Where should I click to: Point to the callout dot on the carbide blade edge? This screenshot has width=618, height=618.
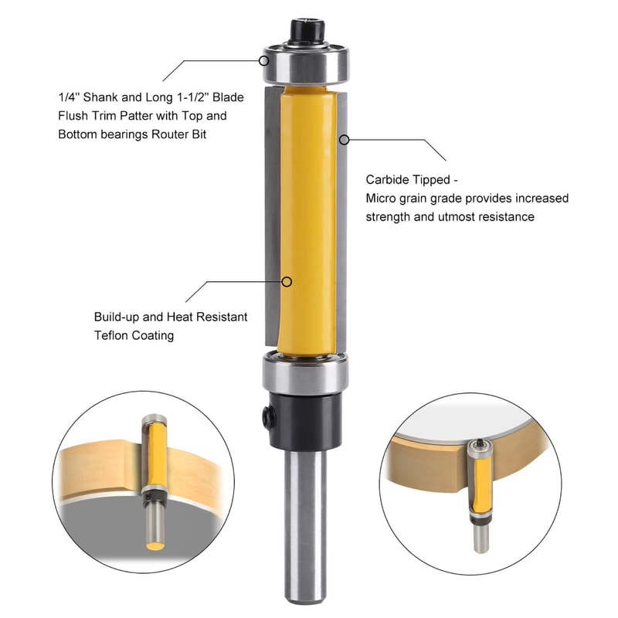click(x=345, y=140)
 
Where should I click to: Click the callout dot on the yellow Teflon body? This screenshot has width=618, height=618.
click(x=287, y=281)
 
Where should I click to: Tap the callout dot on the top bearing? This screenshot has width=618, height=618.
click(x=263, y=58)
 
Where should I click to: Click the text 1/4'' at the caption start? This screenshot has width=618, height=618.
click(x=69, y=98)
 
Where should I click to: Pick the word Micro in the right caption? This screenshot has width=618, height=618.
click(x=382, y=199)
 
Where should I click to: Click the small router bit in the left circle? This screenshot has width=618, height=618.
click(x=154, y=474)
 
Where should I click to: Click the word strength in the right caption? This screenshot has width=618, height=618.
click(x=389, y=217)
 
